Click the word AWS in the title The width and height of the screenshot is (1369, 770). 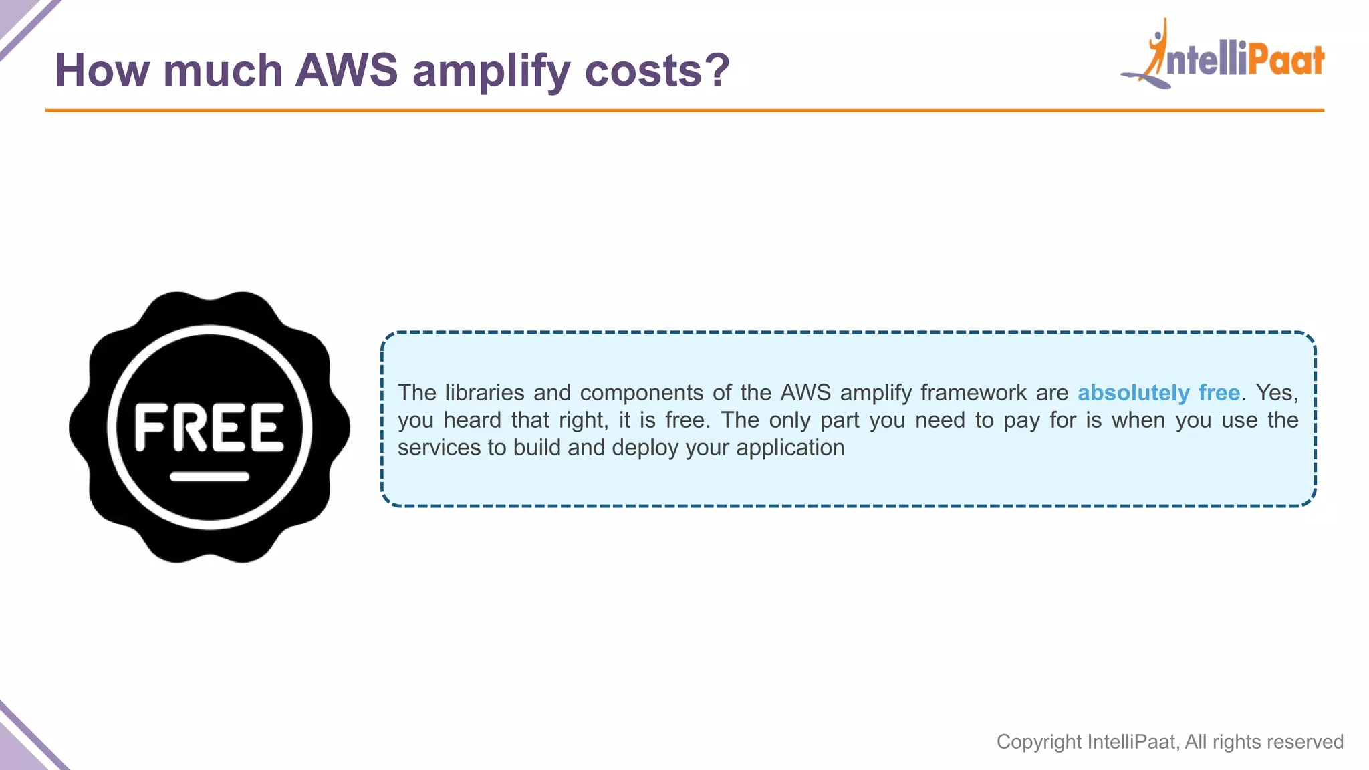[346, 70]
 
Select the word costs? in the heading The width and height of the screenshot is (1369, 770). [657, 70]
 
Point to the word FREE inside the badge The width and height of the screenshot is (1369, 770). [209, 427]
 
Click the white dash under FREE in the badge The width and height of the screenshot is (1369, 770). [209, 477]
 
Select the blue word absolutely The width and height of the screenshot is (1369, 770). [1133, 393]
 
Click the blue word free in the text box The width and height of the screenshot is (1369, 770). [1219, 392]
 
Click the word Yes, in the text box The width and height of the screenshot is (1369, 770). [1277, 393]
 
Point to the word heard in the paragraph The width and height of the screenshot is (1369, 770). [472, 420]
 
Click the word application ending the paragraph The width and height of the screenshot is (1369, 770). [790, 448]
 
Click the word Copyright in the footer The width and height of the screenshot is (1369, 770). [1039, 742]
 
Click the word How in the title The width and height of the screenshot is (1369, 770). [102, 70]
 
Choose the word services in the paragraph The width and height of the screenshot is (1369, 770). [439, 448]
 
